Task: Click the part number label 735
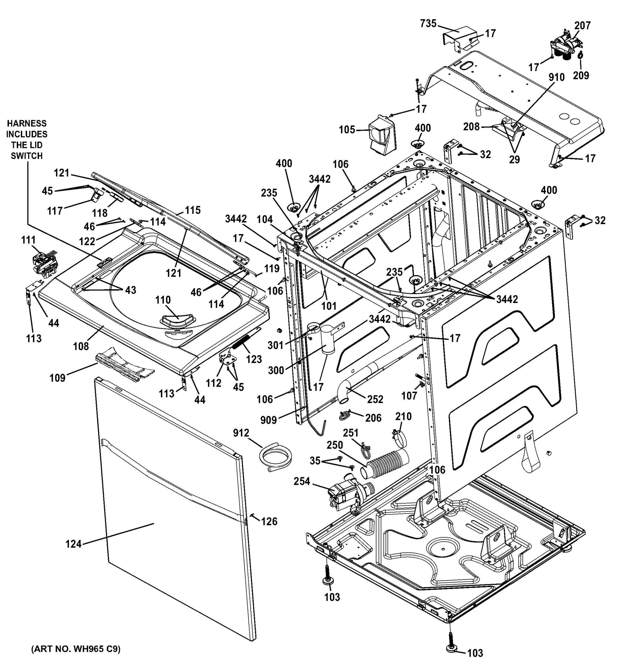pos(428,24)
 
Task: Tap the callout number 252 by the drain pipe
pos(375,399)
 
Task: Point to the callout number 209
pos(581,75)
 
